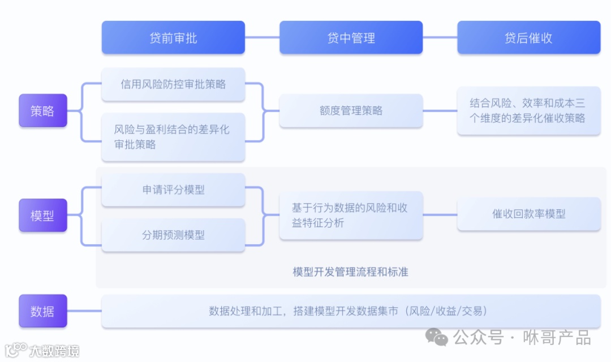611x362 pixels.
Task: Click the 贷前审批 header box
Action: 173,38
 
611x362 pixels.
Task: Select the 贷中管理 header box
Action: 351,38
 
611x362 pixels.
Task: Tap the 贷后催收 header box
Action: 528,38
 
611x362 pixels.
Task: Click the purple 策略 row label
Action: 42,111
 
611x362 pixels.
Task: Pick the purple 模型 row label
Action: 42,216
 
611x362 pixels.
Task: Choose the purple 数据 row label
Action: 42,311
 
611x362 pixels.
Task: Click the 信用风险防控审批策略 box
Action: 173,84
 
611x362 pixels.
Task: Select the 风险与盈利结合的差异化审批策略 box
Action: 173,137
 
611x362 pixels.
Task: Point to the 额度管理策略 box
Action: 351,111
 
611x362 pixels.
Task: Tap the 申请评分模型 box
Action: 173,190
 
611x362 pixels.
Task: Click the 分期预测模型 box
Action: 173,235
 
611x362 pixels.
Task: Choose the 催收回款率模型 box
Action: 528,214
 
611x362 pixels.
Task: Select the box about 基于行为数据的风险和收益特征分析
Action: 351,216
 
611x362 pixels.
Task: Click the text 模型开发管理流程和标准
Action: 350,272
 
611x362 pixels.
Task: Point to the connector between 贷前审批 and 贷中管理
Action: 262,38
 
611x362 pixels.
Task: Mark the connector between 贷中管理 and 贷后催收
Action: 440,38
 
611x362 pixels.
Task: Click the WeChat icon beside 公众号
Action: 437,338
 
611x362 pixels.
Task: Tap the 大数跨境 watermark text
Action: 54,351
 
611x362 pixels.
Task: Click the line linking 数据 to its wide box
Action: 84,311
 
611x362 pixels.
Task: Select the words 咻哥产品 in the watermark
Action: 558,338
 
